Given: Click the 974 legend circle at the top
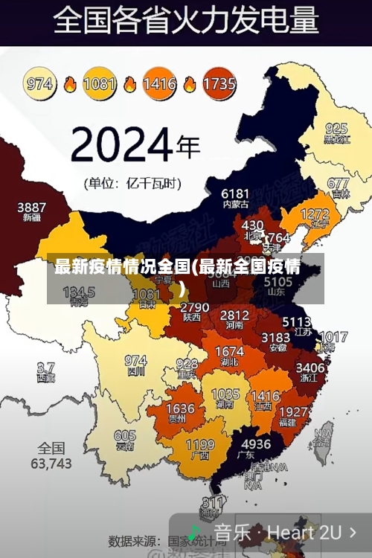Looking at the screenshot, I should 40,84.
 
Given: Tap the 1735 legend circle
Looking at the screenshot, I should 219,84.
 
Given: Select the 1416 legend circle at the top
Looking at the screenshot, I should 158,84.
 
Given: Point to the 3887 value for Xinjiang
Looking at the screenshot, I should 32,207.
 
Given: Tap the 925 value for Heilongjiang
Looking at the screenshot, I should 336,128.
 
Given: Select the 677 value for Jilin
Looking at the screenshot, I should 338,183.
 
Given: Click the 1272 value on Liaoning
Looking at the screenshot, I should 315,215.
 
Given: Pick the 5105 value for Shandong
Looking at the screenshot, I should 278,283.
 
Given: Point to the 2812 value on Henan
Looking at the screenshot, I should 235,315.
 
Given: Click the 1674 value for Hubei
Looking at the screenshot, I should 229,351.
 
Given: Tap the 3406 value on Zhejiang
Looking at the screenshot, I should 310,367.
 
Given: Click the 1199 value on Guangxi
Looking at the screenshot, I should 200,445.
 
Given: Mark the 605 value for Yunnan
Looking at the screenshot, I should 125,436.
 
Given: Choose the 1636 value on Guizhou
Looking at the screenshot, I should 180,409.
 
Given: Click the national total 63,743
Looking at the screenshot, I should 51,463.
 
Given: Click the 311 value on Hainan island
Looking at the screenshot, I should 214,503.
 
